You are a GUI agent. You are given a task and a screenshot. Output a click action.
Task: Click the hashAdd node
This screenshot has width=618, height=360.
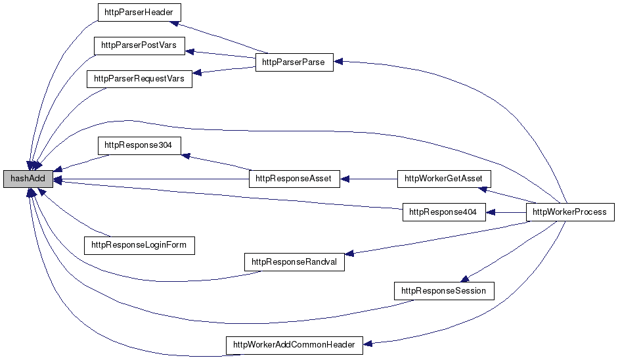pyautogui.click(x=27, y=179)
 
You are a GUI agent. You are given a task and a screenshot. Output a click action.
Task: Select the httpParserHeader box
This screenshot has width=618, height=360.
pyautogui.click(x=138, y=12)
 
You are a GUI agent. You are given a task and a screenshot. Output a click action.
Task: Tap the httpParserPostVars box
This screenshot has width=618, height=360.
pyautogui.click(x=139, y=47)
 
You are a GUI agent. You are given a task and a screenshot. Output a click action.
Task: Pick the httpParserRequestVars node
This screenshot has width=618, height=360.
pyautogui.click(x=139, y=79)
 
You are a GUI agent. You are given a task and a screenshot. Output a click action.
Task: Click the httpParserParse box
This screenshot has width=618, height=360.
pyautogui.click(x=294, y=63)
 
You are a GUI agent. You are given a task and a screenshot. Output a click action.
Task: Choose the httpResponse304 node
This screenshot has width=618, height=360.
pyautogui.click(x=138, y=145)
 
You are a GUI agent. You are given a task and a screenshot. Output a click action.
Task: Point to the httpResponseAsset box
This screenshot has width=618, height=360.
pyautogui.click(x=294, y=179)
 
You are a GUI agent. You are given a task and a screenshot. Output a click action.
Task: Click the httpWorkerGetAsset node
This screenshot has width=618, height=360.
pyautogui.click(x=443, y=179)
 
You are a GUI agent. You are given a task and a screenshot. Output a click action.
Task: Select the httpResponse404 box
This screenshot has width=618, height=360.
pyautogui.click(x=443, y=212)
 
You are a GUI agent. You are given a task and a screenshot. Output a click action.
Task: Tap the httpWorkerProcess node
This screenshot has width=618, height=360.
pyautogui.click(x=569, y=212)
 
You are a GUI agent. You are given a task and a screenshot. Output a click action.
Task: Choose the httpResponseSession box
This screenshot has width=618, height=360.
pyautogui.click(x=443, y=290)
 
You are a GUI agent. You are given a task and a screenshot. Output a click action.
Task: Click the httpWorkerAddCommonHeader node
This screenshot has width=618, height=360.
pyautogui.click(x=294, y=345)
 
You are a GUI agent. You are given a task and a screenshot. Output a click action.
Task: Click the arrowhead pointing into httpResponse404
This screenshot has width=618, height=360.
pyautogui.click(x=490, y=212)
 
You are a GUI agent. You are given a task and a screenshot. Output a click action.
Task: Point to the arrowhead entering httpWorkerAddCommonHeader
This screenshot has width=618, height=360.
pyautogui.click(x=368, y=344)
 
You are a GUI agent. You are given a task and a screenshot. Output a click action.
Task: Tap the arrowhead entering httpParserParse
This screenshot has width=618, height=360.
pyautogui.click(x=338, y=62)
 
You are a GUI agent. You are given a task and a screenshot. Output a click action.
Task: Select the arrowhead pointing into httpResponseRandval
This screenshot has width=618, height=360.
pyautogui.click(x=349, y=253)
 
